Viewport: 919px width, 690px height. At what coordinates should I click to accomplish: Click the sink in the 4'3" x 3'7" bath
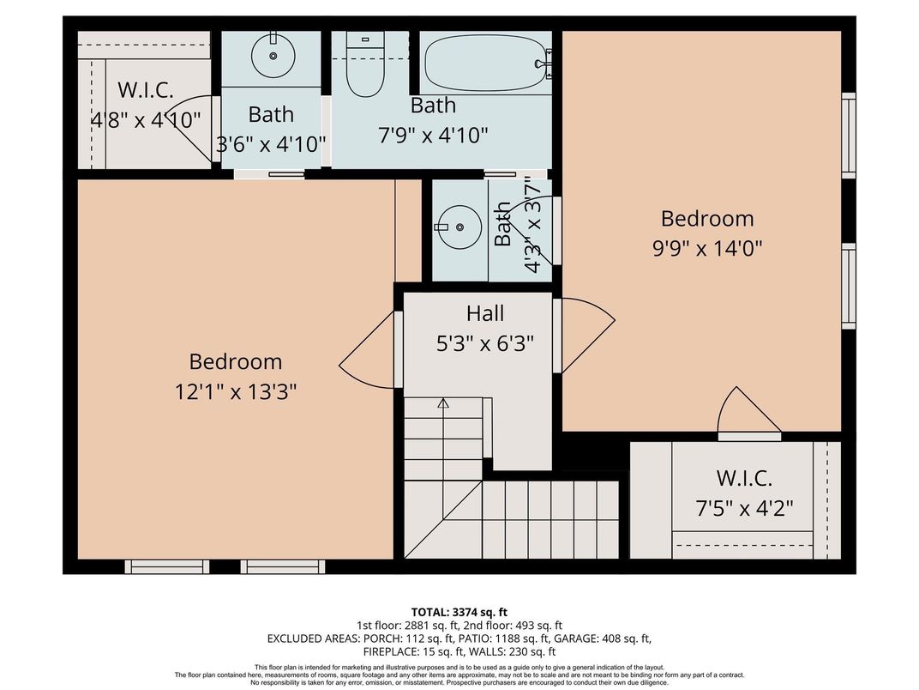460,227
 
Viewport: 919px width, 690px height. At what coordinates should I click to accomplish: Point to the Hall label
485,313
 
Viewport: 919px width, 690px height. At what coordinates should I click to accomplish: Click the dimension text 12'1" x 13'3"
236,391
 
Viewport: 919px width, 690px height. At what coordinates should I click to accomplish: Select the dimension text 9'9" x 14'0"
707,248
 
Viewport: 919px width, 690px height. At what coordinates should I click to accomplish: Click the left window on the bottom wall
167,566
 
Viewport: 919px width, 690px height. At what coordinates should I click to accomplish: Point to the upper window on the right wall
848,135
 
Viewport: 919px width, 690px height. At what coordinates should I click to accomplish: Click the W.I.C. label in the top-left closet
146,89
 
